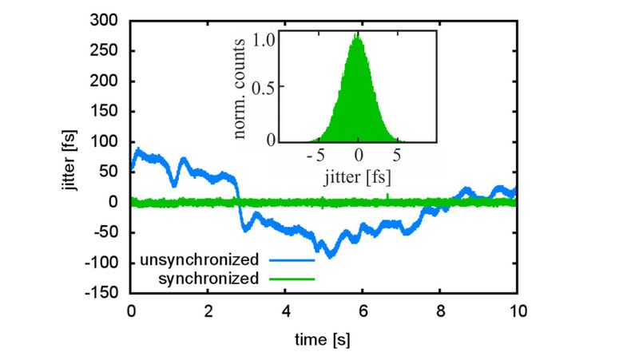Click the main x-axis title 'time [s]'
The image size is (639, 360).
click(x=323, y=339)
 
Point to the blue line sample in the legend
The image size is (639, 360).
click(x=292, y=260)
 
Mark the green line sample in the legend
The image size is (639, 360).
click(x=292, y=279)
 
